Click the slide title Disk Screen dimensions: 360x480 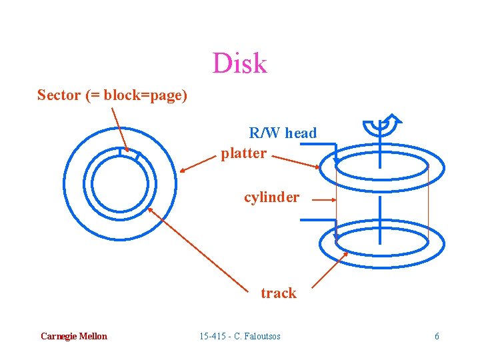pyautogui.click(x=239, y=63)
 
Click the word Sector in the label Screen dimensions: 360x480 pyautogui.click(x=59, y=95)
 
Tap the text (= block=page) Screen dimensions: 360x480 pyautogui.click(x=136, y=95)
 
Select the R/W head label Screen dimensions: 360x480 pyautogui.click(x=283, y=133)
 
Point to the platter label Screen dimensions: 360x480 pyautogui.click(x=244, y=153)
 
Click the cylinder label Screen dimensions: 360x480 pyautogui.click(x=271, y=197)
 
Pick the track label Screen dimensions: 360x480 pyautogui.click(x=279, y=293)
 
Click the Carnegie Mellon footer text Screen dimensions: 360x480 pyautogui.click(x=73, y=336)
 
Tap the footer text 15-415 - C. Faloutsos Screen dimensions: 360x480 pyautogui.click(x=240, y=336)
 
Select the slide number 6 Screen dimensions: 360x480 pyautogui.click(x=437, y=336)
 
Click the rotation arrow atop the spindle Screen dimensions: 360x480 pyautogui.click(x=383, y=124)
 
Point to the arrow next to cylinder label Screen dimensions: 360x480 pyautogui.click(x=324, y=199)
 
